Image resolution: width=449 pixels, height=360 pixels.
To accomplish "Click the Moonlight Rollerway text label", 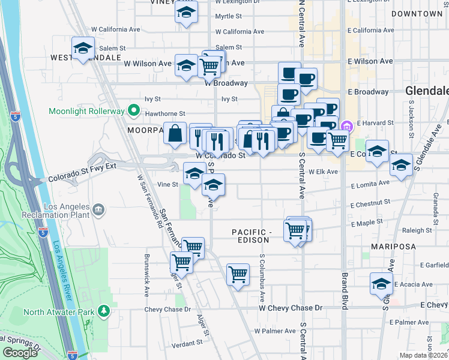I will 87,112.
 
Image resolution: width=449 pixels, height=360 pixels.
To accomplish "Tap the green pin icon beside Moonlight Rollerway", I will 133,112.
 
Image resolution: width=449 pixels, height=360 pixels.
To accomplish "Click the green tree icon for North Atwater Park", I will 104,311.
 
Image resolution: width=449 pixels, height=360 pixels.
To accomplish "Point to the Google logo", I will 20,353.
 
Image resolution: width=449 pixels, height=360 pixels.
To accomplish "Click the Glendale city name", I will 427,91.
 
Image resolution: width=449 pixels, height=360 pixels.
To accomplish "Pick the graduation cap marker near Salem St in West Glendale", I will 83,48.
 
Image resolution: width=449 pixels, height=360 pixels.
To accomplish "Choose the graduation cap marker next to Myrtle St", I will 187,12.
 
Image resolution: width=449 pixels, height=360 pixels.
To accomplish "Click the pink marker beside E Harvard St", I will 346,126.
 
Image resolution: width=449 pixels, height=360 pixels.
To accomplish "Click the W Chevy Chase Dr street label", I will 291,308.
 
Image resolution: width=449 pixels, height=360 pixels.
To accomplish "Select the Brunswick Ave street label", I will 146,275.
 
